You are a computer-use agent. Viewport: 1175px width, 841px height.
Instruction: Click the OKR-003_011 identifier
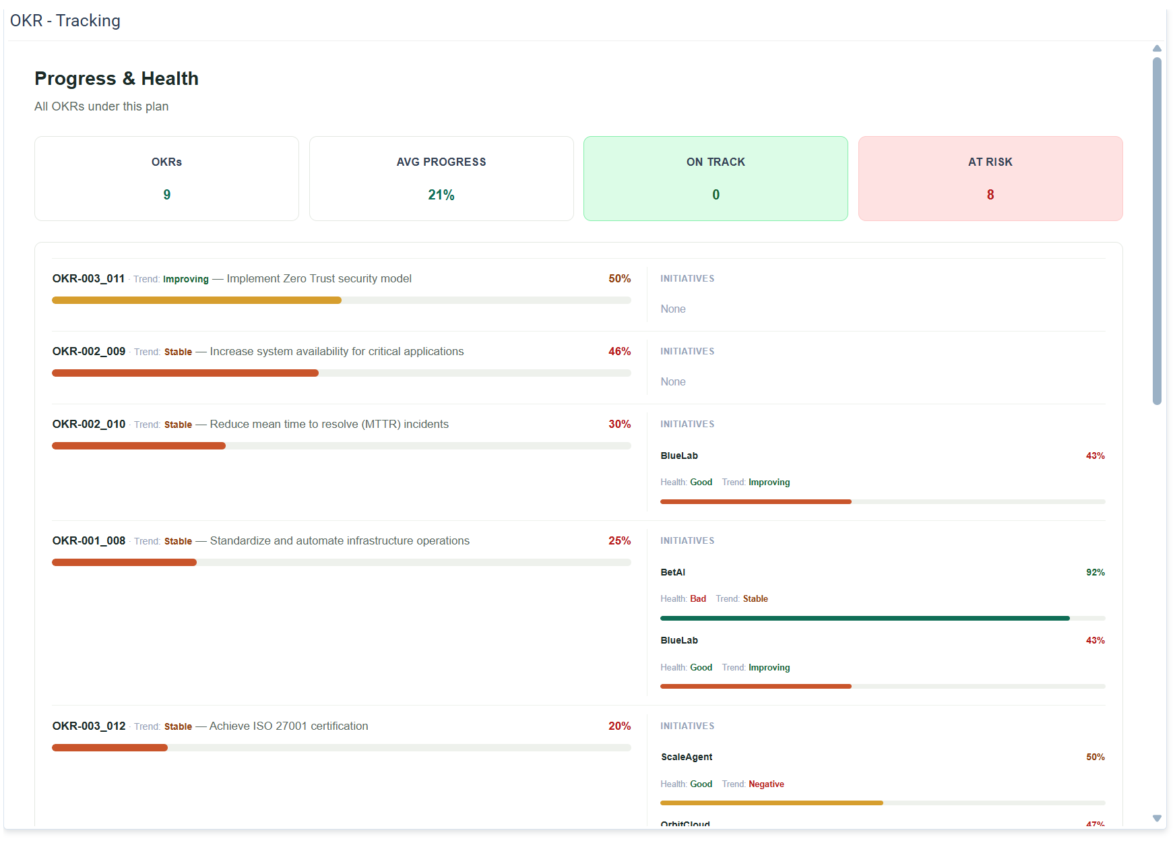pos(88,278)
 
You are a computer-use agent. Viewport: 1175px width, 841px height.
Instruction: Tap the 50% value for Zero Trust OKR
pos(620,278)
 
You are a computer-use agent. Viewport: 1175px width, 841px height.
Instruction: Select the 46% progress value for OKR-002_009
pos(620,351)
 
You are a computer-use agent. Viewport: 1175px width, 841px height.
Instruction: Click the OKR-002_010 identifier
pos(89,424)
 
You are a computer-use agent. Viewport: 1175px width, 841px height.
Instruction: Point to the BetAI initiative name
pos(673,572)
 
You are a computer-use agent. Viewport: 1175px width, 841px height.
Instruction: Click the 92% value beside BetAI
pos(1095,572)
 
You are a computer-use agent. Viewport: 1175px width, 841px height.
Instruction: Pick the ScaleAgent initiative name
pos(687,757)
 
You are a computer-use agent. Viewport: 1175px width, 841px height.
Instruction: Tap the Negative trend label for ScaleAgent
pos(767,784)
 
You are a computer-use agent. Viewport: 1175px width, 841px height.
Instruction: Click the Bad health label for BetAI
pos(698,598)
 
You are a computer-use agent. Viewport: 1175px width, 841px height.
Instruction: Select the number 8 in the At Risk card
pos(990,195)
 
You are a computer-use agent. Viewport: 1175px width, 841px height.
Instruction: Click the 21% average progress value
pos(441,195)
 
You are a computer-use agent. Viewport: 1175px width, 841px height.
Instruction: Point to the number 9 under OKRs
pos(167,195)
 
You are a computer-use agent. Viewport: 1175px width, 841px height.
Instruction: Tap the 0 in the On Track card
pos(716,195)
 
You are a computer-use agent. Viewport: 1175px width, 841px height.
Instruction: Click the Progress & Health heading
pos(117,78)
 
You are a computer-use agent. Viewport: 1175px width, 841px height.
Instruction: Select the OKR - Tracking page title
pos(65,21)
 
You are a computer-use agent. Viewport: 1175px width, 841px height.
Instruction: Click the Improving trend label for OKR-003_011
pos(186,279)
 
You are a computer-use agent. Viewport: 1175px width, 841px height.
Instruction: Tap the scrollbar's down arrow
pos(1157,818)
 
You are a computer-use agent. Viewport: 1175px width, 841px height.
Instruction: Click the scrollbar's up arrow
pos(1157,49)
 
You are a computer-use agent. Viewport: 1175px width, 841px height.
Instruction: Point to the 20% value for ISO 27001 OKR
pos(620,726)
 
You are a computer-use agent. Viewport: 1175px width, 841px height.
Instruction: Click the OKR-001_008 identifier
pos(89,540)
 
